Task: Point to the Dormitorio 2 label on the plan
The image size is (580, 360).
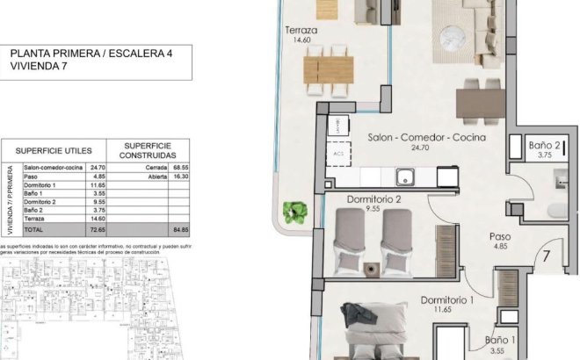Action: (373, 199)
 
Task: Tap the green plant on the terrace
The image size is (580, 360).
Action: (296, 212)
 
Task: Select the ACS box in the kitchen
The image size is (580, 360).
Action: (338, 152)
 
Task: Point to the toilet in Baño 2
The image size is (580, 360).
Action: (554, 210)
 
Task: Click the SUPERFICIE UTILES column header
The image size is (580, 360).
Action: (55, 149)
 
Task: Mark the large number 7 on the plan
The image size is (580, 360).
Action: (546, 258)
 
